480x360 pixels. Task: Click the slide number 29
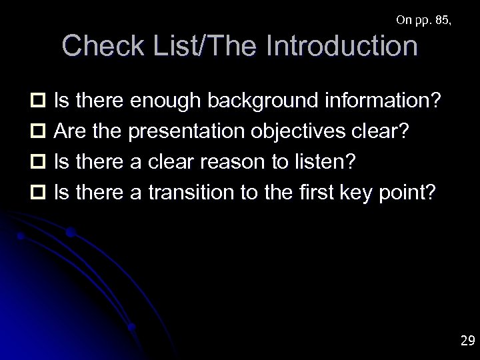[467, 341]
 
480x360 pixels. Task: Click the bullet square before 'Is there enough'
[37, 102]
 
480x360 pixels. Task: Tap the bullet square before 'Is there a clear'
[37, 162]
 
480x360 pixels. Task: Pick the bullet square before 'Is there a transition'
[37, 193]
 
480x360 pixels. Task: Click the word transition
[189, 192]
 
